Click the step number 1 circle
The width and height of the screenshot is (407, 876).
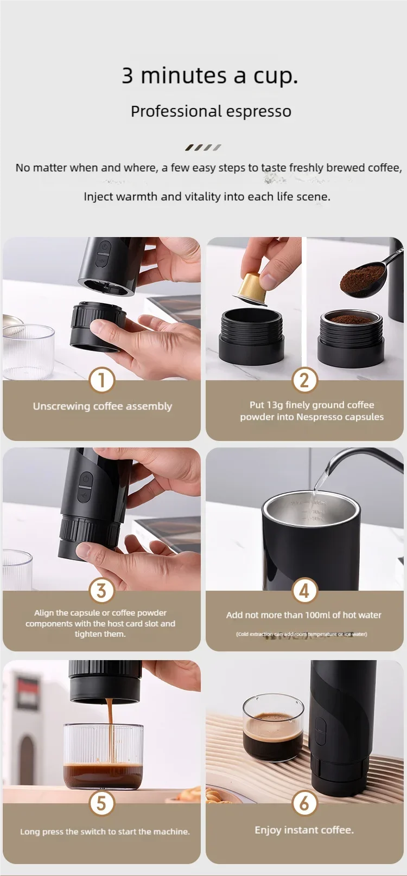coord(101,380)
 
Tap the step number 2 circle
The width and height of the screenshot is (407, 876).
coord(304,380)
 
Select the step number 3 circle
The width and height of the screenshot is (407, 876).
coord(101,591)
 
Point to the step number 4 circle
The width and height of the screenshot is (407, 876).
coord(304,591)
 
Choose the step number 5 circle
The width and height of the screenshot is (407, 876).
coord(101,803)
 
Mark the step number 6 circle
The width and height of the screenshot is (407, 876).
coord(304,803)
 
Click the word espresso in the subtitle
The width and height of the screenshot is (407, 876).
coord(258,111)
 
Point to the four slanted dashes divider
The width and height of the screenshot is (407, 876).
coord(203,147)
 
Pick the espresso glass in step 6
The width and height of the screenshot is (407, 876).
coord(273,730)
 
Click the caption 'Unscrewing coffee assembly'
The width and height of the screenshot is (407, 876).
coord(102,406)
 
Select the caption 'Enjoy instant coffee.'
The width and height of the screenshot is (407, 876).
coord(304,830)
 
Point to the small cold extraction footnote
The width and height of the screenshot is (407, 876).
coord(301,634)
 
